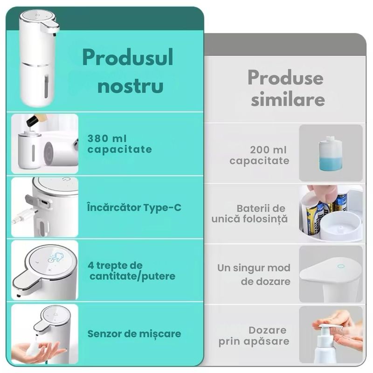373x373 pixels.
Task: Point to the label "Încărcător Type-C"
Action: point(134,207)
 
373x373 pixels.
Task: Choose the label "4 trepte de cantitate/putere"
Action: point(131,271)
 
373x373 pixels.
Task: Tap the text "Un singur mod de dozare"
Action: point(254,275)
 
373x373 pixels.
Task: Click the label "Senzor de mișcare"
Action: point(134,334)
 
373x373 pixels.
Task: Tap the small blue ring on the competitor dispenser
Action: point(340,266)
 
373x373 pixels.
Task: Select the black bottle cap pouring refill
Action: point(32,121)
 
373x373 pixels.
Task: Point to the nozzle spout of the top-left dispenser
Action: point(55,31)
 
